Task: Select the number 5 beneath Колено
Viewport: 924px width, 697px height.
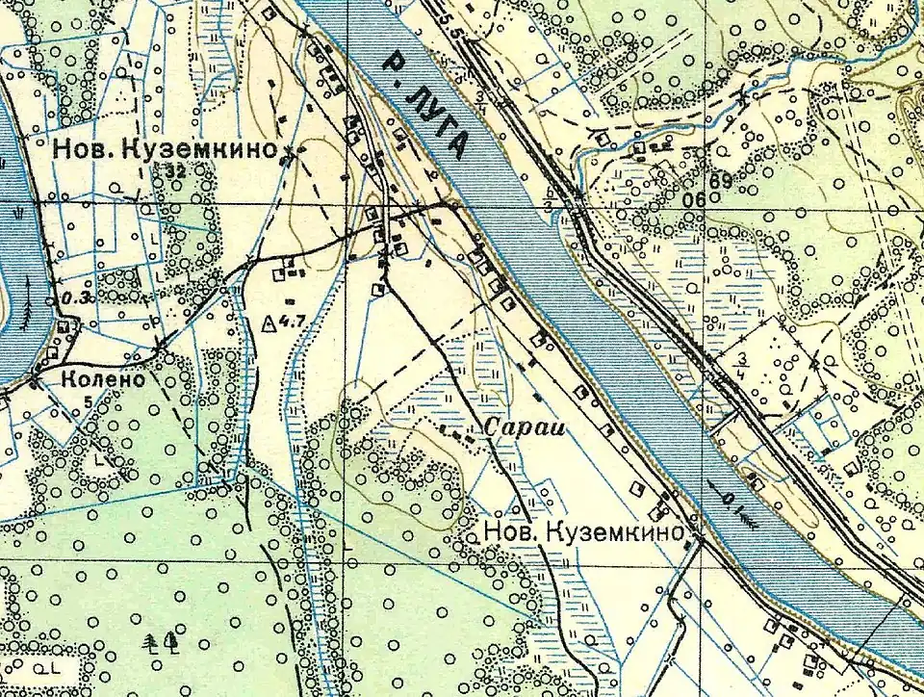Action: (88, 400)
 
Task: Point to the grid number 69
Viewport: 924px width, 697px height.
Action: (721, 180)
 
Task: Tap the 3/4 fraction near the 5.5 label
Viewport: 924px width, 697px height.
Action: (480, 102)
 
